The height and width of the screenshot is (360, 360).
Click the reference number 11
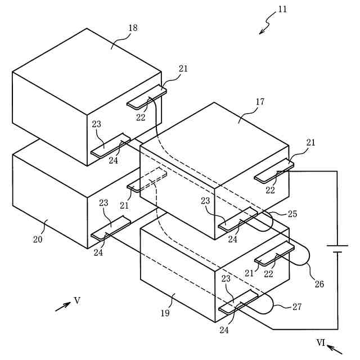tap(282, 10)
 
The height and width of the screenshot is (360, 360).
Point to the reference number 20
tap(38, 238)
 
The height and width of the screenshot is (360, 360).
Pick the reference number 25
tap(292, 214)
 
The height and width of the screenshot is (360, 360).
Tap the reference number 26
tap(319, 284)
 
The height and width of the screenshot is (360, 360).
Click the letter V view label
tap(77, 300)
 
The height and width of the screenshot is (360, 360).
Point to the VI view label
tap(321, 341)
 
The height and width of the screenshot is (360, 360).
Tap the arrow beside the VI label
tap(335, 348)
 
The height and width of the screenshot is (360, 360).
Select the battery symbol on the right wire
tap(337, 249)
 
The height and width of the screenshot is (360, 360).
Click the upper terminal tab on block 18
tap(147, 98)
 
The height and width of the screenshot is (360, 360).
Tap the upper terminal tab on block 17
tap(274, 171)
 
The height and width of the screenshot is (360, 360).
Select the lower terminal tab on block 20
tap(110, 229)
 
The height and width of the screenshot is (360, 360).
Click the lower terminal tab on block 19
tap(238, 302)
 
